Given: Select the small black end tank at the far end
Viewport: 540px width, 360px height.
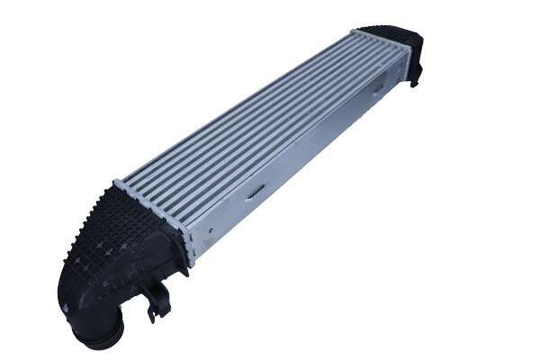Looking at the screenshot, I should [x=404, y=49].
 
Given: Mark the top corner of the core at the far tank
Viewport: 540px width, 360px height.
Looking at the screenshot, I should [x=355, y=33].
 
